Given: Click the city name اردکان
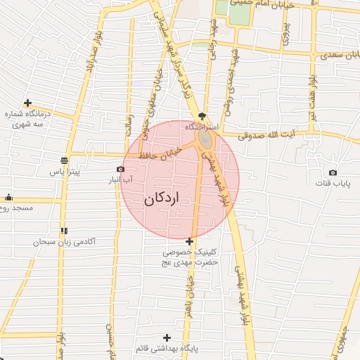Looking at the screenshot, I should (162, 199).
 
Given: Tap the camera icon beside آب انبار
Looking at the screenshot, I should (120, 169).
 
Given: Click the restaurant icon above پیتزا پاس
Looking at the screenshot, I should (65, 159).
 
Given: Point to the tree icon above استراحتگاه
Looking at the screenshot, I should (203, 116).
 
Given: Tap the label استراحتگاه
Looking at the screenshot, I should (202, 127).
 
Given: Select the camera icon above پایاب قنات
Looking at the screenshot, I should (333, 172).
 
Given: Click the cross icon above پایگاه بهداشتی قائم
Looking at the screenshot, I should (167, 337).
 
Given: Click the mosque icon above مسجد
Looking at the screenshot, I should (8, 198).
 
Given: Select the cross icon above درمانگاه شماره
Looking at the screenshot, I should (27, 103).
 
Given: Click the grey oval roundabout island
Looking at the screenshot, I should (205, 141).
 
